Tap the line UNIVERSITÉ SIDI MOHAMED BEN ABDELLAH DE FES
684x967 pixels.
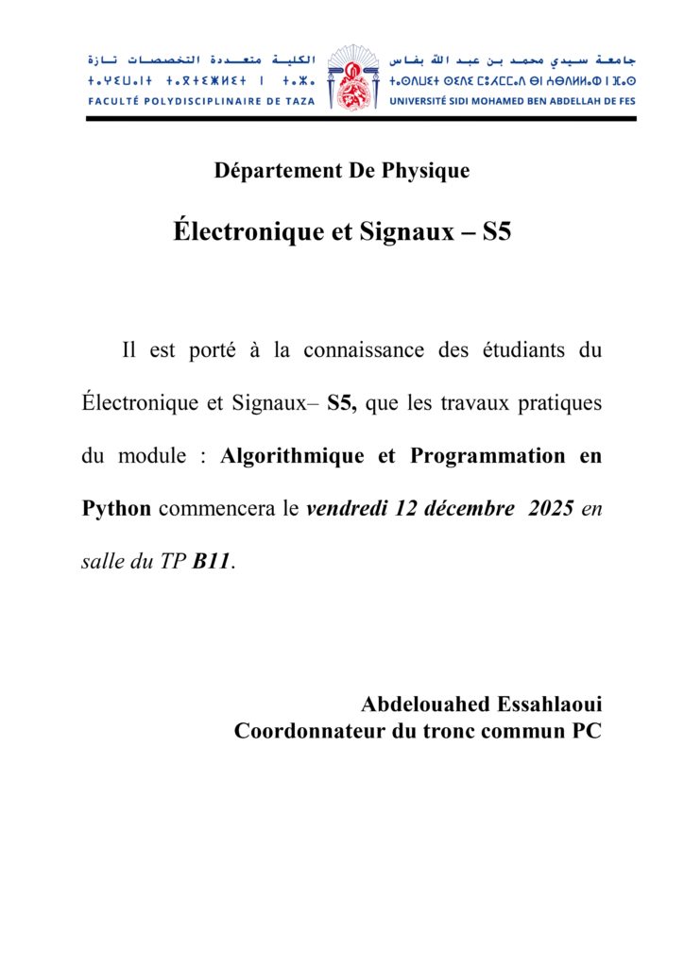pyautogui.click(x=512, y=99)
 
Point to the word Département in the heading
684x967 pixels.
pyautogui.click(x=268, y=171)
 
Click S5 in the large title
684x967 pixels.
pyautogui.click(x=496, y=231)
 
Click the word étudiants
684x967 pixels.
pyautogui.click(x=521, y=350)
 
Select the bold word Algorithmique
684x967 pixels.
pyautogui.click(x=292, y=456)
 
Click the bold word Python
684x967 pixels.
pyautogui.click(x=116, y=509)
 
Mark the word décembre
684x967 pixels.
pyautogui.click(x=467, y=509)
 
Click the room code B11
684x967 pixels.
pyautogui.click(x=212, y=562)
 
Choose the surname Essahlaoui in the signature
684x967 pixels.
pyautogui.click(x=549, y=704)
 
